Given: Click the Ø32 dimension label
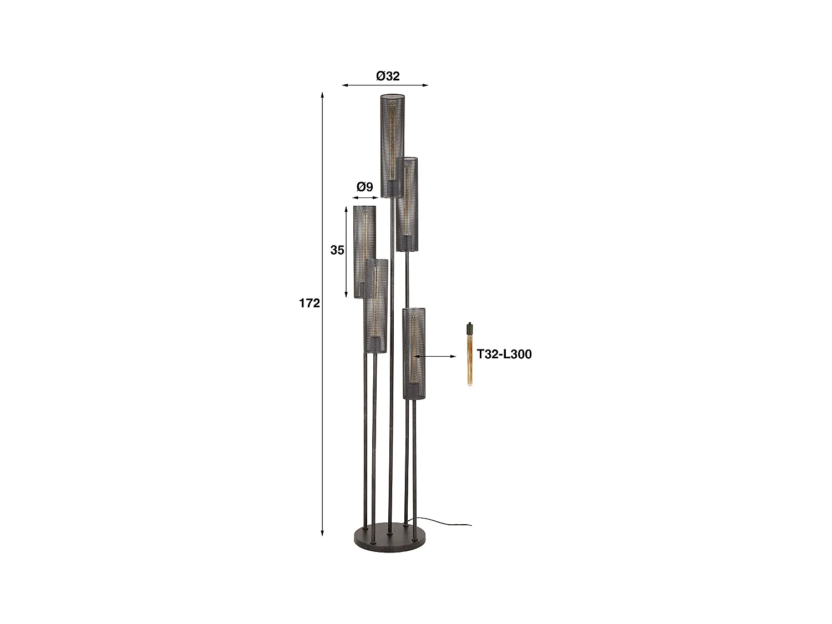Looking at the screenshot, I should pos(388,76).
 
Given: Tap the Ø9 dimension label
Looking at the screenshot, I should pos(364,187).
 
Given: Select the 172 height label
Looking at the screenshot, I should pos(310,303).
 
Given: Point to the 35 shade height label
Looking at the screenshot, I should pos(337,250).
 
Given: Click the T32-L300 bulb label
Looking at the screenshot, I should pos(504,354).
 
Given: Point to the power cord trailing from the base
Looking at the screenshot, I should pos(449,522).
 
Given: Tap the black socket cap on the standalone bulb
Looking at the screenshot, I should pos(470,327).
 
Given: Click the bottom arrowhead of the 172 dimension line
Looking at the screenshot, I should pos(323,533).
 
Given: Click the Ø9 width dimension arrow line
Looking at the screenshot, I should pos(364,197).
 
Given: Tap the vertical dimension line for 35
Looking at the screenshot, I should pos(347,252).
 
